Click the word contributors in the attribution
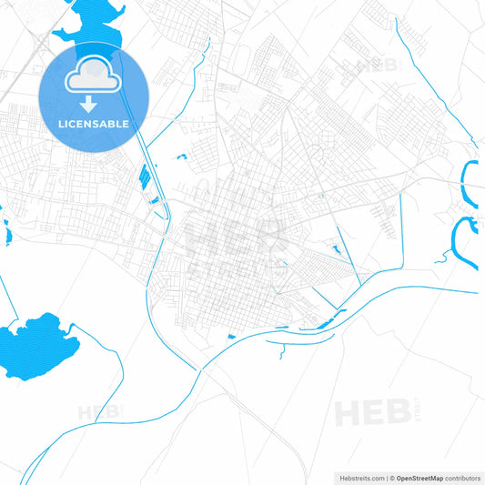[x=462, y=478]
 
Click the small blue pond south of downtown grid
[x=231, y=338]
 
